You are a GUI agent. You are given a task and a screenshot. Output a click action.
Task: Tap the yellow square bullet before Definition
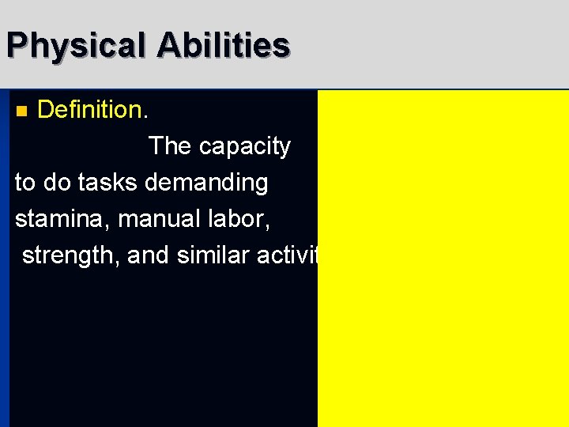click(x=22, y=111)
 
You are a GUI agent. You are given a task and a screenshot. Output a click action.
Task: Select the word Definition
click(x=89, y=110)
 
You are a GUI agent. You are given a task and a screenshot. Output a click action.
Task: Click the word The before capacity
click(x=170, y=146)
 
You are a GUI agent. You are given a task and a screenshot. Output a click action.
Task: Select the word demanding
click(x=207, y=183)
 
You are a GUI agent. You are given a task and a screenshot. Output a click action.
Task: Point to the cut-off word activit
click(x=292, y=255)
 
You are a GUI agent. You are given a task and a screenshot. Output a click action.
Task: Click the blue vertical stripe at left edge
click(x=5, y=261)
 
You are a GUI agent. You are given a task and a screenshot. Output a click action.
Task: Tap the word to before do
click(x=25, y=183)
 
